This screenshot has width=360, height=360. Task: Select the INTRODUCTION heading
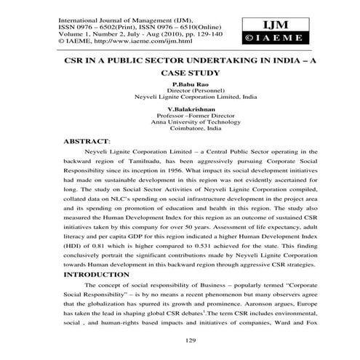click(103, 276)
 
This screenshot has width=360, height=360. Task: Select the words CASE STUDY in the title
click(188, 73)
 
